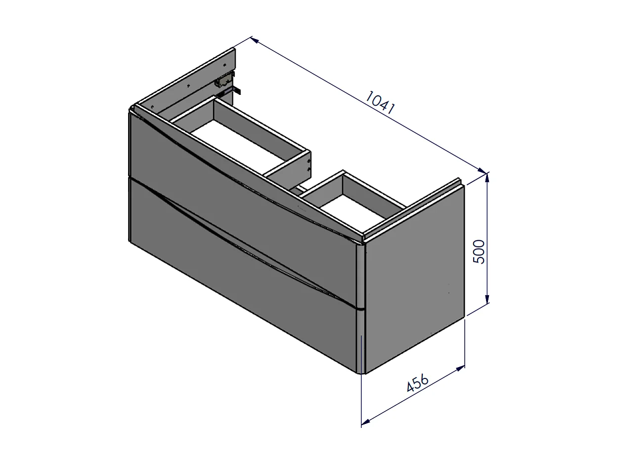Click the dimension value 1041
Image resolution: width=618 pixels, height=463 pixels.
click(380, 102)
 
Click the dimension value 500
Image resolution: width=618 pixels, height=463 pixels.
click(479, 252)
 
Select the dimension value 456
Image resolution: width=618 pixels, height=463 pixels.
click(418, 382)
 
